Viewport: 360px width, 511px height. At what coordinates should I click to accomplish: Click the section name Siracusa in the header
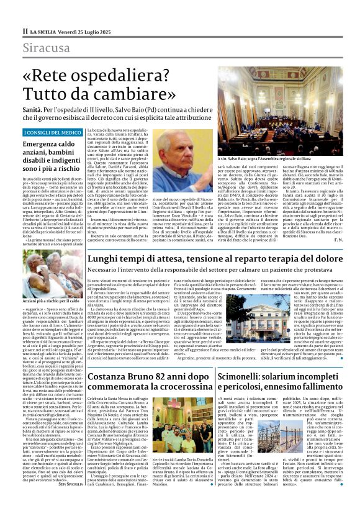click(43, 48)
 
